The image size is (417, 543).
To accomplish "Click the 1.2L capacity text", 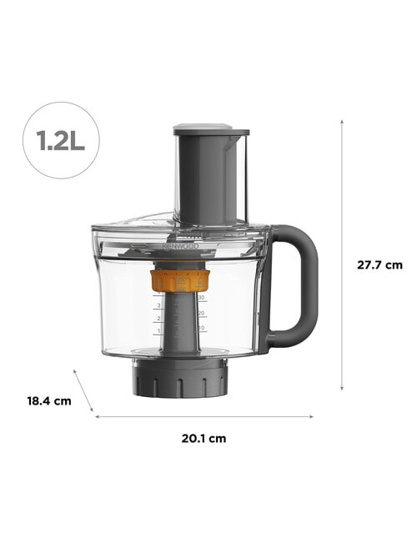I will [61, 139].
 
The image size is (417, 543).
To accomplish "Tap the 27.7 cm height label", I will [379, 265].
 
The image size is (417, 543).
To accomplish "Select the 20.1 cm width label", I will [204, 438].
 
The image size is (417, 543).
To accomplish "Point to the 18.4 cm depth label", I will [47, 400].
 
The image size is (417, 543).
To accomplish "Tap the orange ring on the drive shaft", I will [179, 280].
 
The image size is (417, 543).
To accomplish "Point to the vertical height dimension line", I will [342, 254].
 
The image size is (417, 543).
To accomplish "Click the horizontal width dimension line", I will [204, 416].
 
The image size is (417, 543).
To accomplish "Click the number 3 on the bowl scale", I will [158, 305].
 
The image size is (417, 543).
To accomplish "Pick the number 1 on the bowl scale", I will [158, 330].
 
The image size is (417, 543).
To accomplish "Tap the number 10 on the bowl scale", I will [202, 328].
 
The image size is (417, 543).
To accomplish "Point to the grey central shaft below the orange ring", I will [179, 325].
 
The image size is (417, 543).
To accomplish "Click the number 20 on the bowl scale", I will [202, 313].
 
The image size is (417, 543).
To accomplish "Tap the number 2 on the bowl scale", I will [158, 318].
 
